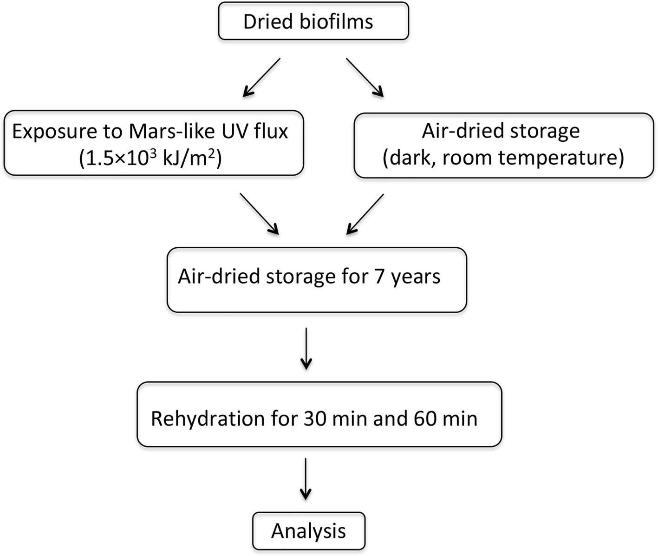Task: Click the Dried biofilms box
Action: (x=313, y=21)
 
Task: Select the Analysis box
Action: (x=309, y=531)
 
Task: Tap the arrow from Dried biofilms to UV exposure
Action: (x=262, y=78)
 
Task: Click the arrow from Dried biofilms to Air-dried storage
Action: (x=365, y=78)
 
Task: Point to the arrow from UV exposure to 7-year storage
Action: (x=259, y=214)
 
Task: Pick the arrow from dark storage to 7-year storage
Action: (x=365, y=214)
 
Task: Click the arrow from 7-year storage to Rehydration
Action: (x=306, y=349)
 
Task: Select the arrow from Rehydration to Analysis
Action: (x=306, y=479)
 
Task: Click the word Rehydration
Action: (x=207, y=419)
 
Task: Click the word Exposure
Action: (x=52, y=132)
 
